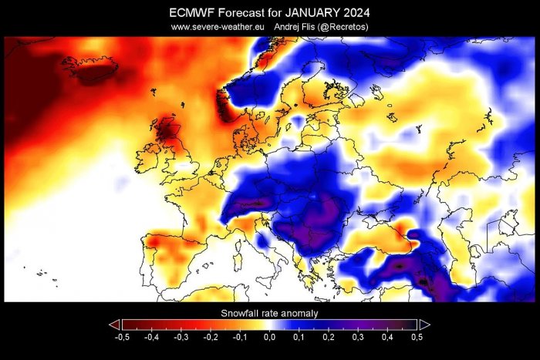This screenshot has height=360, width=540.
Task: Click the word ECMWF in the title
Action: [x=193, y=12]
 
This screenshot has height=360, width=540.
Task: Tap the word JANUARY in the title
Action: [x=312, y=12]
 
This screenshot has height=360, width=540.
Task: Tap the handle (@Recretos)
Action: [x=349, y=26]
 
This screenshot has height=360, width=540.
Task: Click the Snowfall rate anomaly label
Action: [x=269, y=314]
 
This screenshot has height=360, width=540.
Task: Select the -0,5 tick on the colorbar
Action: [x=121, y=338]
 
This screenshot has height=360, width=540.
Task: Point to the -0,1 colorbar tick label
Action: [x=240, y=338]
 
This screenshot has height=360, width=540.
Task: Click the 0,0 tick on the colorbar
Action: [x=269, y=338]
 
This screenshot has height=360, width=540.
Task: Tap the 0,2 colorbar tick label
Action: [x=329, y=338]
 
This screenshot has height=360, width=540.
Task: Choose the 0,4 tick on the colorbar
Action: [x=388, y=338]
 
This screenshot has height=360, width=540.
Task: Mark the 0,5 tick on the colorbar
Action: [x=417, y=338]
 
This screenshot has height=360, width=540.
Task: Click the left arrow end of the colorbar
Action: [x=114, y=325]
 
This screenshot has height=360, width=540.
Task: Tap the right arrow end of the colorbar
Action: [x=424, y=325]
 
